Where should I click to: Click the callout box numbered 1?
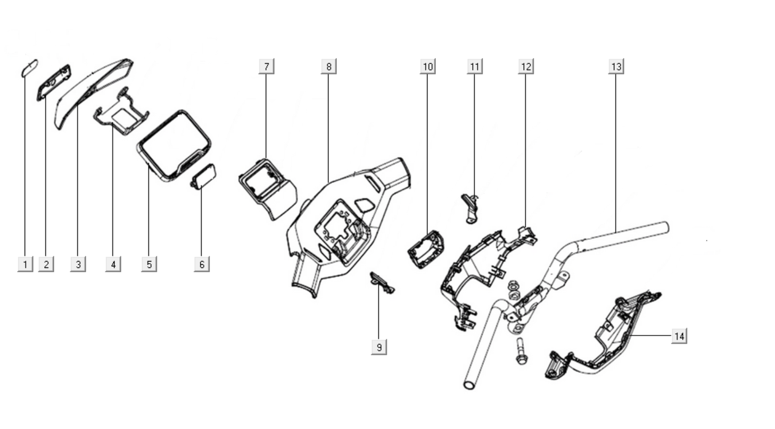[x=24, y=264]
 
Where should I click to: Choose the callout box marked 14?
[x=679, y=336]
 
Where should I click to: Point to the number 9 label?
[x=379, y=347]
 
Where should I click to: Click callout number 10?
[x=427, y=66]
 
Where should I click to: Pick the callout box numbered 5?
[x=149, y=264]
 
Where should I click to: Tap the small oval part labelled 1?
[x=29, y=68]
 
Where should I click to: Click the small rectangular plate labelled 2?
[x=54, y=82]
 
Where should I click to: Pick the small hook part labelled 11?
[x=469, y=207]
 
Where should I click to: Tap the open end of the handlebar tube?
[x=469, y=384]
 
